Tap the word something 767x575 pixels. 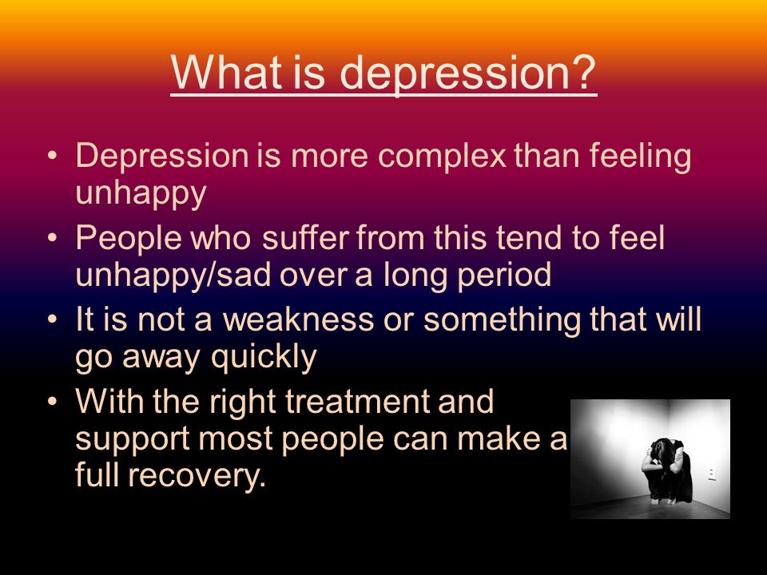click(x=503, y=319)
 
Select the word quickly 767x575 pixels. click(x=264, y=357)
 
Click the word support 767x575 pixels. click(x=132, y=439)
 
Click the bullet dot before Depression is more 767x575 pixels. click(x=53, y=156)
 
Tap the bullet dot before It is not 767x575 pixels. click(x=53, y=319)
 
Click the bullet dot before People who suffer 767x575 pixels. click(x=53, y=238)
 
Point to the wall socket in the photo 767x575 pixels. click(x=712, y=474)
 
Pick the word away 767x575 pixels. click(x=161, y=358)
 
